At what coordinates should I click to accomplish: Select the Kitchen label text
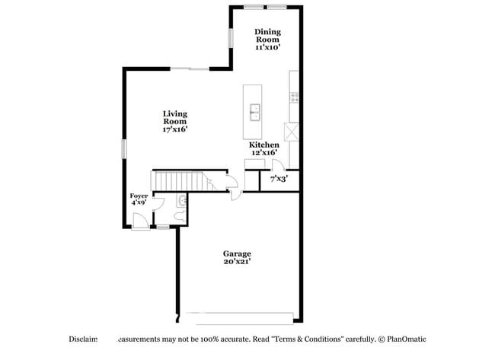(263, 145)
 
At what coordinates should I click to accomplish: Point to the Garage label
(237, 253)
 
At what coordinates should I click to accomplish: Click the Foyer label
(139, 196)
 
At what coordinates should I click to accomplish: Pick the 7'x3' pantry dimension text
(279, 180)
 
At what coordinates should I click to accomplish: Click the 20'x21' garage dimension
(237, 262)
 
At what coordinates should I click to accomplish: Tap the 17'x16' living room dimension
(174, 129)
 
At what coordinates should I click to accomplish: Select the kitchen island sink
(255, 113)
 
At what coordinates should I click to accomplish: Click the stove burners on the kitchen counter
(294, 97)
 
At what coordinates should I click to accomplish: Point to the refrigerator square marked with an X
(290, 130)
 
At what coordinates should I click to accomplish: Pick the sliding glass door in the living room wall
(190, 69)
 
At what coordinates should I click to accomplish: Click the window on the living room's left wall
(124, 148)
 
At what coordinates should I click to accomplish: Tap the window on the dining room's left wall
(231, 38)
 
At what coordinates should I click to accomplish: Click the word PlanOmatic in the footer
(407, 339)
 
